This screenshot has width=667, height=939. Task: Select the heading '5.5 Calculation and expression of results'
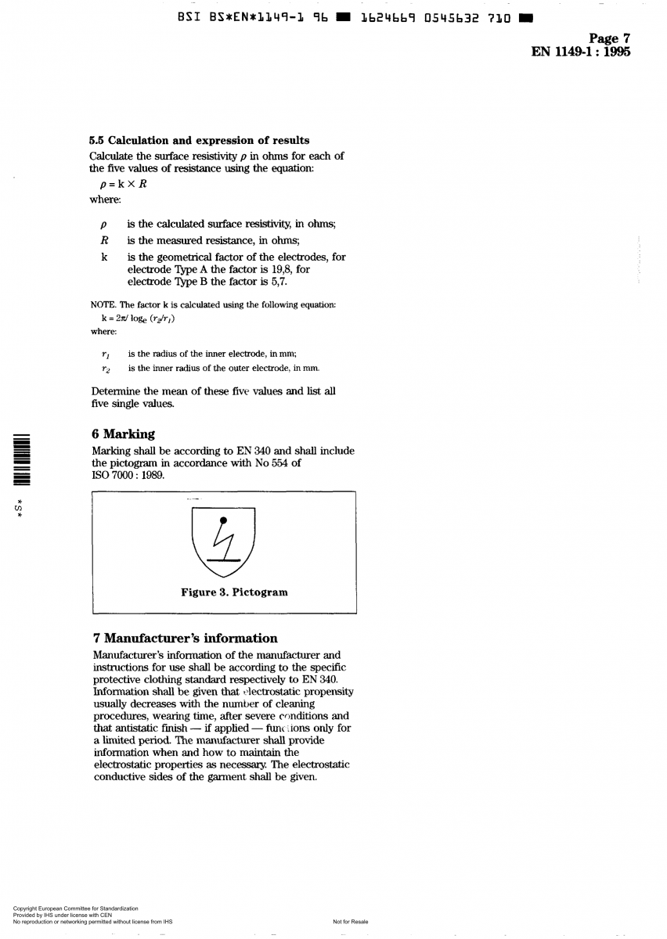tap(200, 141)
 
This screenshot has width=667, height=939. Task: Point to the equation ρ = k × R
tap(120, 185)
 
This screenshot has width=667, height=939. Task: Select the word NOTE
tap(103, 304)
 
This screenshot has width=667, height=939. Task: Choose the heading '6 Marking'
tap(123, 434)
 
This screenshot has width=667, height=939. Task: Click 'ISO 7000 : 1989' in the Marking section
tap(128, 475)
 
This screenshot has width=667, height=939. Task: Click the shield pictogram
tap(223, 540)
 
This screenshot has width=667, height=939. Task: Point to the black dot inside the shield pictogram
tap(223, 520)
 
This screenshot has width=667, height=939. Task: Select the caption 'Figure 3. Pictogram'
tap(234, 592)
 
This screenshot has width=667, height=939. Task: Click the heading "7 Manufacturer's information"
tap(185, 638)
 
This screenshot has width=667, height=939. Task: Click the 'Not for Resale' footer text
tap(350, 922)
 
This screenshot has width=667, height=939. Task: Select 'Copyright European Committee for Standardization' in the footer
tap(76, 908)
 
